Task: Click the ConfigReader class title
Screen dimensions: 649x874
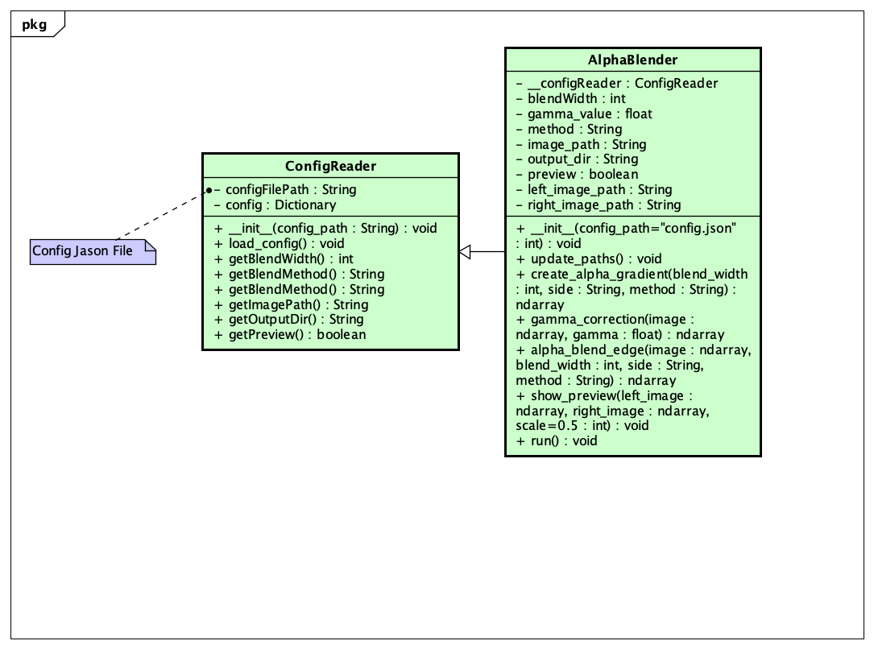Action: point(330,167)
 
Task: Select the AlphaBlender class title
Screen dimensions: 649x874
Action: point(632,60)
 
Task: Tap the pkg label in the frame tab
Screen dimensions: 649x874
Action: point(34,25)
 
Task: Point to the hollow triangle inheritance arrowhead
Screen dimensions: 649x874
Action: point(465,252)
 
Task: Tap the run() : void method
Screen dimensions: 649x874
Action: point(557,441)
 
